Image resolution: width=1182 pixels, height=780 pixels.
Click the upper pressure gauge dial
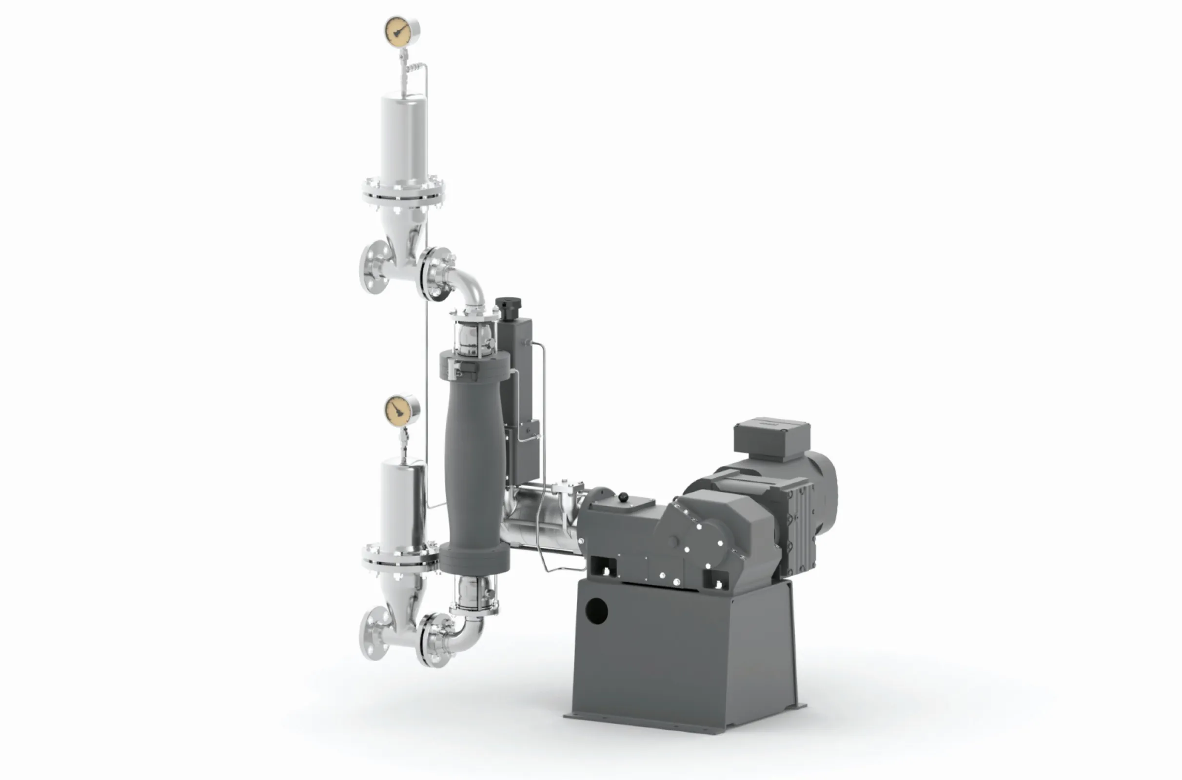click(x=401, y=32)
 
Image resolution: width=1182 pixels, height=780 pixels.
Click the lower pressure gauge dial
click(x=401, y=410)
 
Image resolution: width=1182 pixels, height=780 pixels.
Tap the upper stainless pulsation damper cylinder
click(x=403, y=135)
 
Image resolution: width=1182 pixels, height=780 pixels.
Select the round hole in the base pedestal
click(x=596, y=611)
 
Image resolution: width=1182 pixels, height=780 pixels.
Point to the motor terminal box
click(x=771, y=438)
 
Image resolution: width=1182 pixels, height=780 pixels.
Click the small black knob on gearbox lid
click(x=623, y=496)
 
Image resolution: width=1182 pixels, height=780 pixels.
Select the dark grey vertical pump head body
click(x=474, y=463)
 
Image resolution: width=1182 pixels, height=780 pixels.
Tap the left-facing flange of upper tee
click(x=373, y=267)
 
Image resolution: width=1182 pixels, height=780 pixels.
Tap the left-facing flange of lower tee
click(x=373, y=633)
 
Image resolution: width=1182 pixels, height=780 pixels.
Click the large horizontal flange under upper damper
click(x=403, y=194)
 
